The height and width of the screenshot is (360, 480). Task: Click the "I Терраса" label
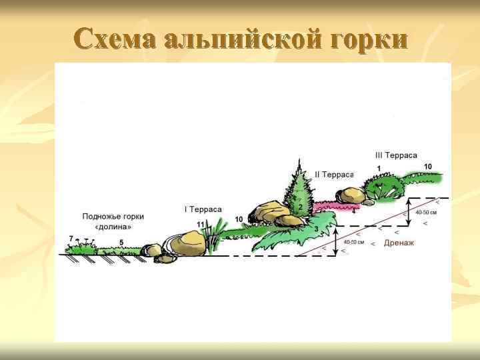point(203,209)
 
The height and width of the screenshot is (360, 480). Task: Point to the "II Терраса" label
point(333,175)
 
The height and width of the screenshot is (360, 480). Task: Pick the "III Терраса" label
point(396,155)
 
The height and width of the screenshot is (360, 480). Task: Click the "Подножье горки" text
point(113,217)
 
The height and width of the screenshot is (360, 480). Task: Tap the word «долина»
point(113,227)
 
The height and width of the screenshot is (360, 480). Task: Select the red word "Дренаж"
point(399,243)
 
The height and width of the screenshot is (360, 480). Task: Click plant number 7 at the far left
point(71,239)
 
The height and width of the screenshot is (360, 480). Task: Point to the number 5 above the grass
point(121,242)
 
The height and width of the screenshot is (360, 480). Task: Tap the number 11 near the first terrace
point(201,224)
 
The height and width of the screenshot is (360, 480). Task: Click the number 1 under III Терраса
point(379,168)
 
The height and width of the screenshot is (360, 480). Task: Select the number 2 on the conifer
point(300,207)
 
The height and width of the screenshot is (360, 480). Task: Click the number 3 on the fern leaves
point(316,228)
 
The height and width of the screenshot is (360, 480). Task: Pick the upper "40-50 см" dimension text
point(426,213)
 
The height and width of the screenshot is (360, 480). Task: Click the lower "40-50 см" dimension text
point(354,243)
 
